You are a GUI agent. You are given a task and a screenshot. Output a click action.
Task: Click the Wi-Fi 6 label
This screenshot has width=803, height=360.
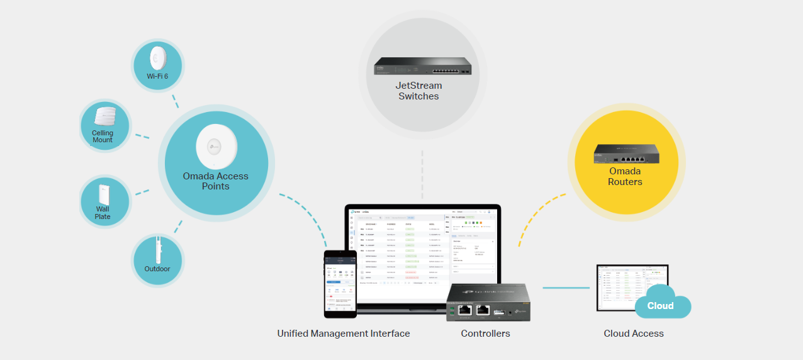tap(157, 76)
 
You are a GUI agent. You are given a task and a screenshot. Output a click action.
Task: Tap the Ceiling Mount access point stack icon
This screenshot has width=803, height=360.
tap(104, 117)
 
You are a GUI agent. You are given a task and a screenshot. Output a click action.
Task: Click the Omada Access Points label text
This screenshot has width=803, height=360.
tap(215, 181)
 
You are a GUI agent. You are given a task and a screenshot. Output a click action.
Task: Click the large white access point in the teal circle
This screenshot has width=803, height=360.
tap(216, 146)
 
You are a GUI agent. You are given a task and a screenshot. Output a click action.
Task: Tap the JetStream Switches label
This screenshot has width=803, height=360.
tap(418, 91)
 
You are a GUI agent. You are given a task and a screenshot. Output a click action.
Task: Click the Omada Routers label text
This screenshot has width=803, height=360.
tap(625, 176)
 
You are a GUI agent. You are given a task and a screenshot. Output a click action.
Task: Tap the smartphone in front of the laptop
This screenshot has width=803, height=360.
tap(340, 283)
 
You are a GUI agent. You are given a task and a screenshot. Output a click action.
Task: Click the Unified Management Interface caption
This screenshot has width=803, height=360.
tap(344, 334)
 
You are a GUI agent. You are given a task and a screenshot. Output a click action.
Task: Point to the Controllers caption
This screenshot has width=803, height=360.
tap(485, 334)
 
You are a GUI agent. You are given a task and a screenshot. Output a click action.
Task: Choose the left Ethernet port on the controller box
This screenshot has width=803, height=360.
tap(465, 309)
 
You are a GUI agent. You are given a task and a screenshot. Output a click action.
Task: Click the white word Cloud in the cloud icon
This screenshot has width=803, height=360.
tap(660, 306)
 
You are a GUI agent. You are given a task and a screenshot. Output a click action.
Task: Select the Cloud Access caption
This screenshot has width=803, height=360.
tap(633, 334)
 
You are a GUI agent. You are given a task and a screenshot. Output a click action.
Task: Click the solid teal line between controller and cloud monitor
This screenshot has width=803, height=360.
tap(565, 288)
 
